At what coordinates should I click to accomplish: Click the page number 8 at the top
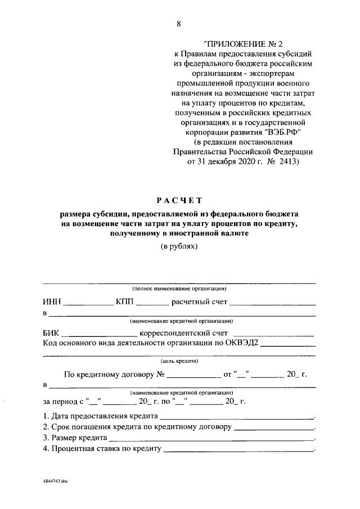click(179, 24)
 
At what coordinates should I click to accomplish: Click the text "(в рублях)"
click(179, 246)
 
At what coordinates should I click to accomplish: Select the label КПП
click(125, 301)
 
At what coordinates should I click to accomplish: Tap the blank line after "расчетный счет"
click(272, 303)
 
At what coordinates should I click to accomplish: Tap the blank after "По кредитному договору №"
click(193, 375)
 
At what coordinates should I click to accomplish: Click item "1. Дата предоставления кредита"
click(101, 417)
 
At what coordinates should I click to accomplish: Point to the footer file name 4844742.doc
click(55, 483)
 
